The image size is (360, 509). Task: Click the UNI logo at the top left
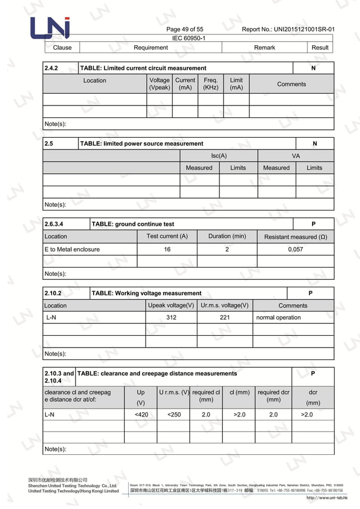[50, 29]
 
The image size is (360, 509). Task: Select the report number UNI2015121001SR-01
[288, 29]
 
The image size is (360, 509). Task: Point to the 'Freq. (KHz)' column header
[210, 84]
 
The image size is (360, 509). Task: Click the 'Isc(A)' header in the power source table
[219, 156]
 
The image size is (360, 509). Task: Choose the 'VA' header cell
[296, 156]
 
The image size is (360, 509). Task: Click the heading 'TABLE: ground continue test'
[133, 224]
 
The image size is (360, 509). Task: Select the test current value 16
[167, 249]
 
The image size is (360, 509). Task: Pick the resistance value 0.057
[295, 249]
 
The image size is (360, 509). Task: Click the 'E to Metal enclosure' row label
[72, 249]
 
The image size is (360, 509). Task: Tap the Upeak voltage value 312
[171, 318]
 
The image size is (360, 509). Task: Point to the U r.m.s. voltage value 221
[225, 318]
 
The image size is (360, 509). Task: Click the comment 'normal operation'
[278, 318]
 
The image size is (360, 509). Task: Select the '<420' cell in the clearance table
[141, 415]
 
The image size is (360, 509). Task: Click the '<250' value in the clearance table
[174, 415]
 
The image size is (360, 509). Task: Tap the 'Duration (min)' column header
[227, 236]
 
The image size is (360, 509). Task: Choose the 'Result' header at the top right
[320, 47]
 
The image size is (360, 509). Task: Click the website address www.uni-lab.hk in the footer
[327, 498]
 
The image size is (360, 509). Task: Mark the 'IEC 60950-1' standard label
[188, 38]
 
